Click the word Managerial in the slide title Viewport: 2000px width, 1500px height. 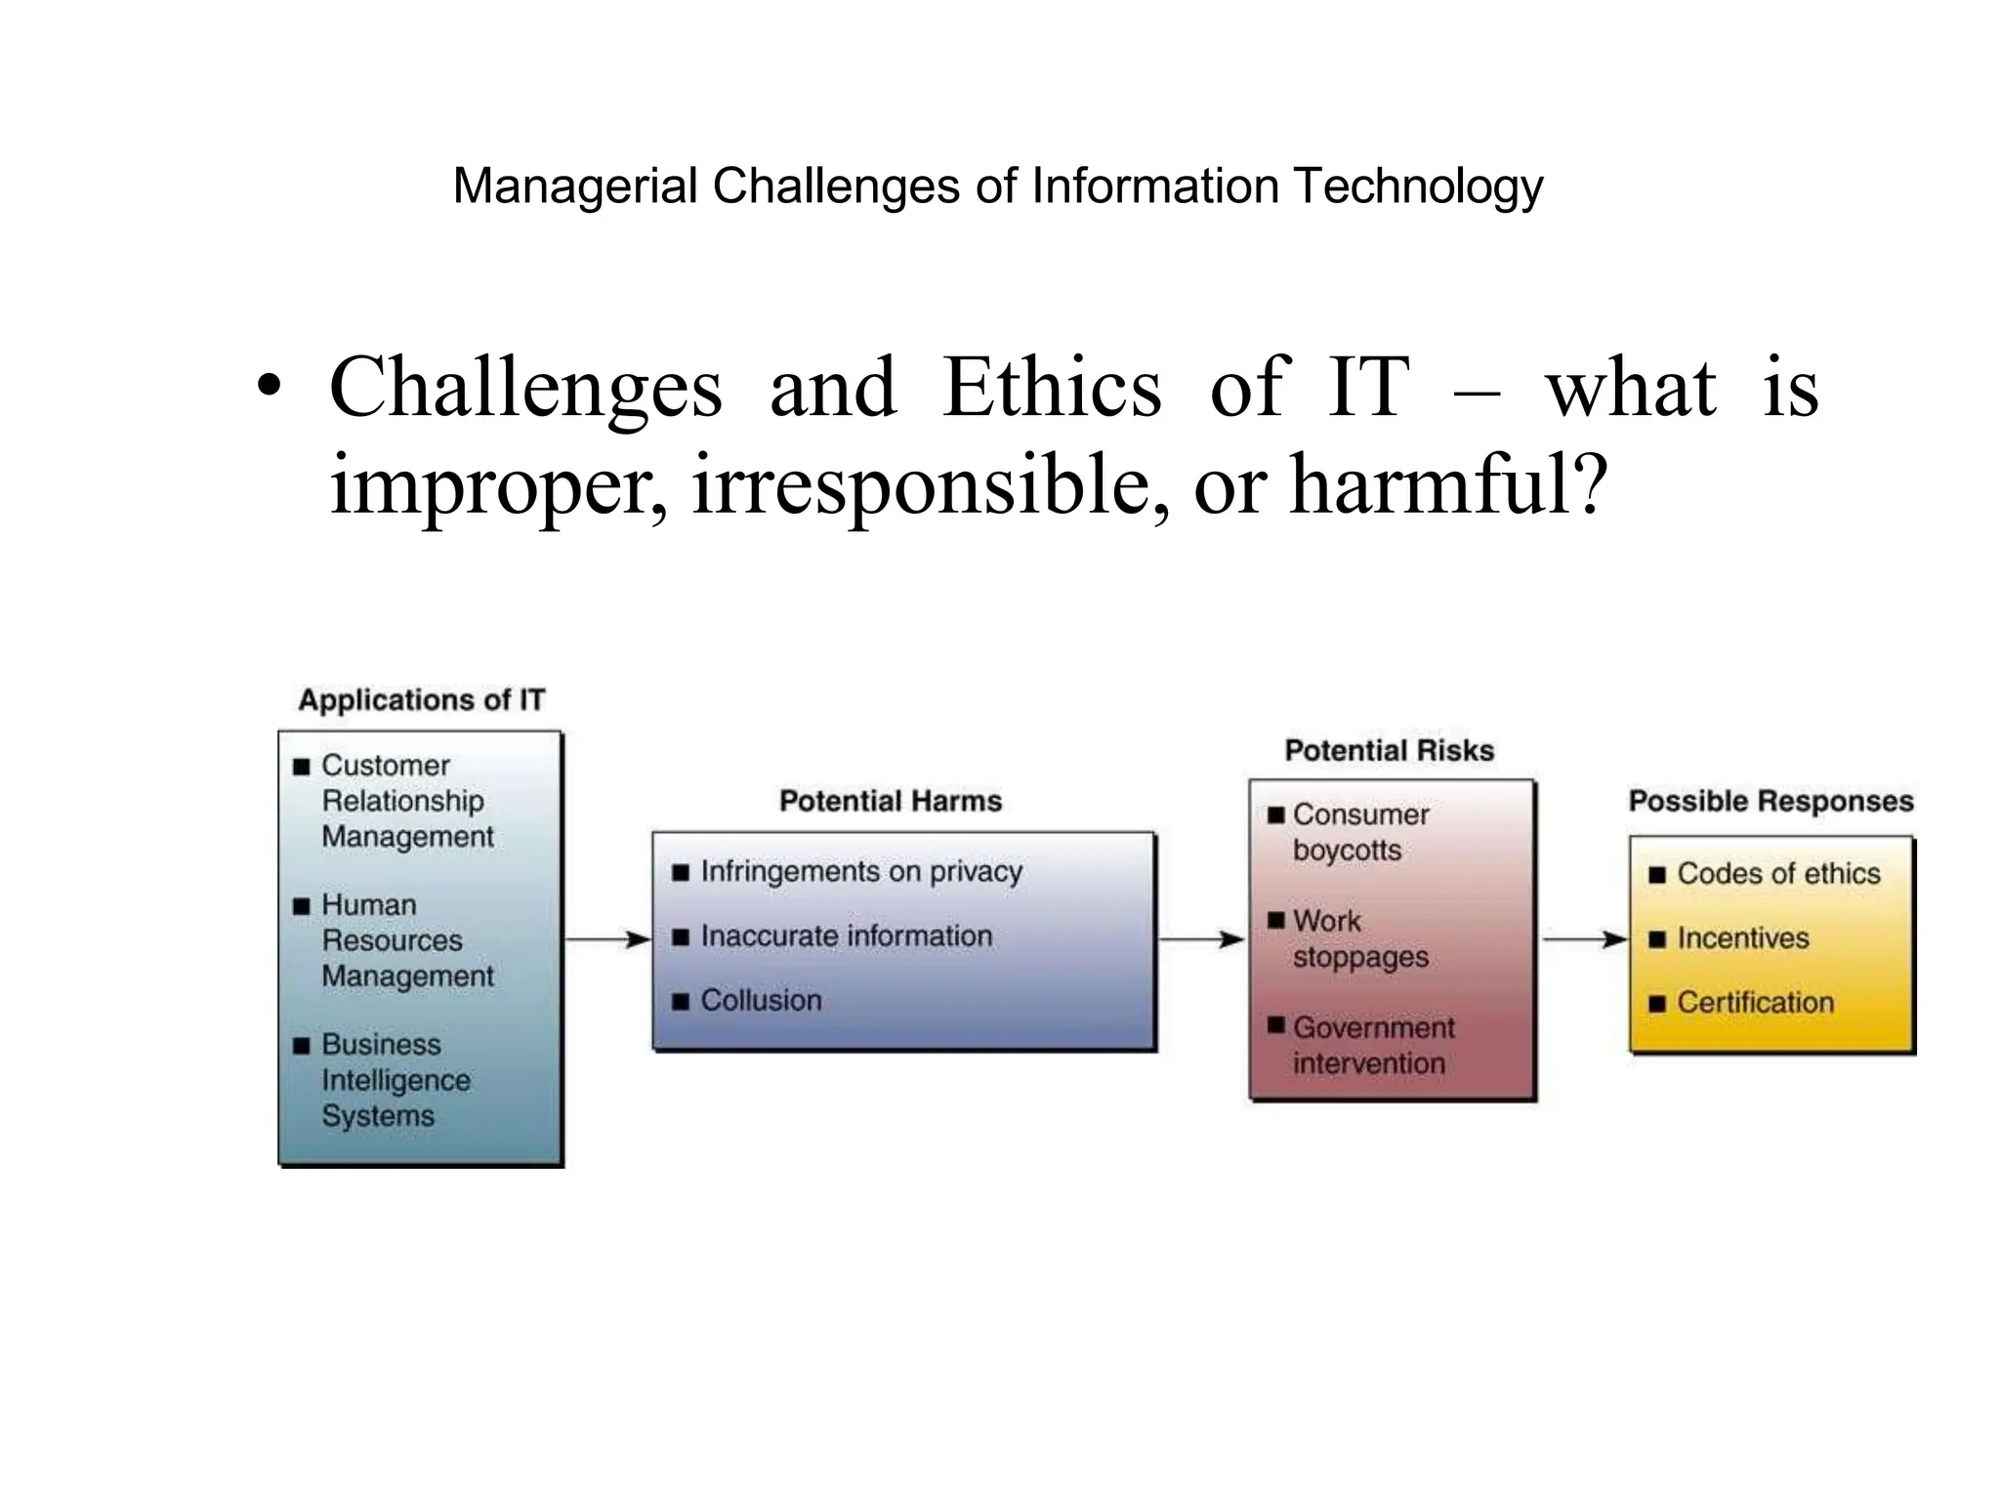tap(575, 187)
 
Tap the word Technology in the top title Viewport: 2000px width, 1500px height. tap(1417, 187)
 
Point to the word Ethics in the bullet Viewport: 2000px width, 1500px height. tap(1052, 388)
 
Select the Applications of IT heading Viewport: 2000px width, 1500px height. tap(421, 700)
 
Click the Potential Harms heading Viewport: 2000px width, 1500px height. tap(891, 802)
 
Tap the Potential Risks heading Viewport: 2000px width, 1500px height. tap(1389, 751)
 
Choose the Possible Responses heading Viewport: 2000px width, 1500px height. tap(1771, 802)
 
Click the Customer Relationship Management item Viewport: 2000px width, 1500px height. tap(406, 801)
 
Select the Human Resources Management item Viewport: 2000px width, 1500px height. tap(406, 940)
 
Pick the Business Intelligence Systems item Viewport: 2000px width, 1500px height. tap(395, 1080)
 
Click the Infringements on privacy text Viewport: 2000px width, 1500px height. tap(860, 871)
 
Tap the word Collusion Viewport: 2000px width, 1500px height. tap(761, 1001)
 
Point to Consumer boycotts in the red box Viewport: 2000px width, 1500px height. tap(1359, 832)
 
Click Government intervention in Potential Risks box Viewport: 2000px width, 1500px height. tap(1372, 1045)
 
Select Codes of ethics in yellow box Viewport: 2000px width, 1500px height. tap(1777, 874)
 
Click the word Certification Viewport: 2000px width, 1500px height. tap(1755, 1003)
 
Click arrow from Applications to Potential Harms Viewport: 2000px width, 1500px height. tap(607, 939)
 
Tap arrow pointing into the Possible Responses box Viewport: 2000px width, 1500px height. tap(1584, 939)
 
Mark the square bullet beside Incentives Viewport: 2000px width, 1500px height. tap(1656, 939)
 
